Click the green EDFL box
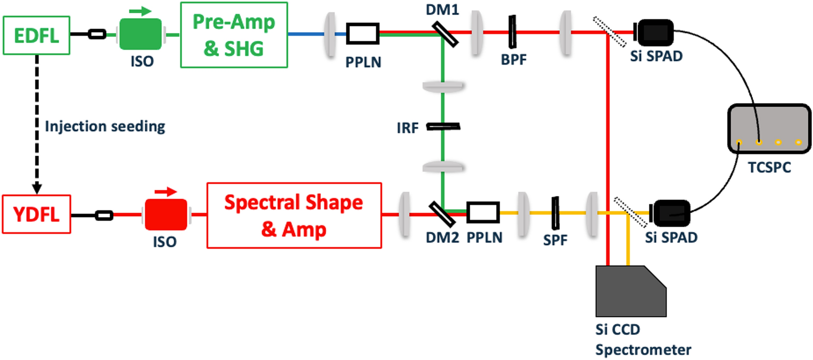36,35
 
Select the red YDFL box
36,214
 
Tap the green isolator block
141,34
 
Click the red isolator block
166,215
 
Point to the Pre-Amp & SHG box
234,35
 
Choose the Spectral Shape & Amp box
294,215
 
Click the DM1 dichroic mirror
445,34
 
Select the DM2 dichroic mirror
442,214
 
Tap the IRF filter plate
443,127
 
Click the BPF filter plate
513,32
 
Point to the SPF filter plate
555,213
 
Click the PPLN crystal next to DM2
483,212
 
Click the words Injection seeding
105,126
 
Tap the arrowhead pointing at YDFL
37,188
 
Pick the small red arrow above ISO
166,192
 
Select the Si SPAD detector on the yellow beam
670,213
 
